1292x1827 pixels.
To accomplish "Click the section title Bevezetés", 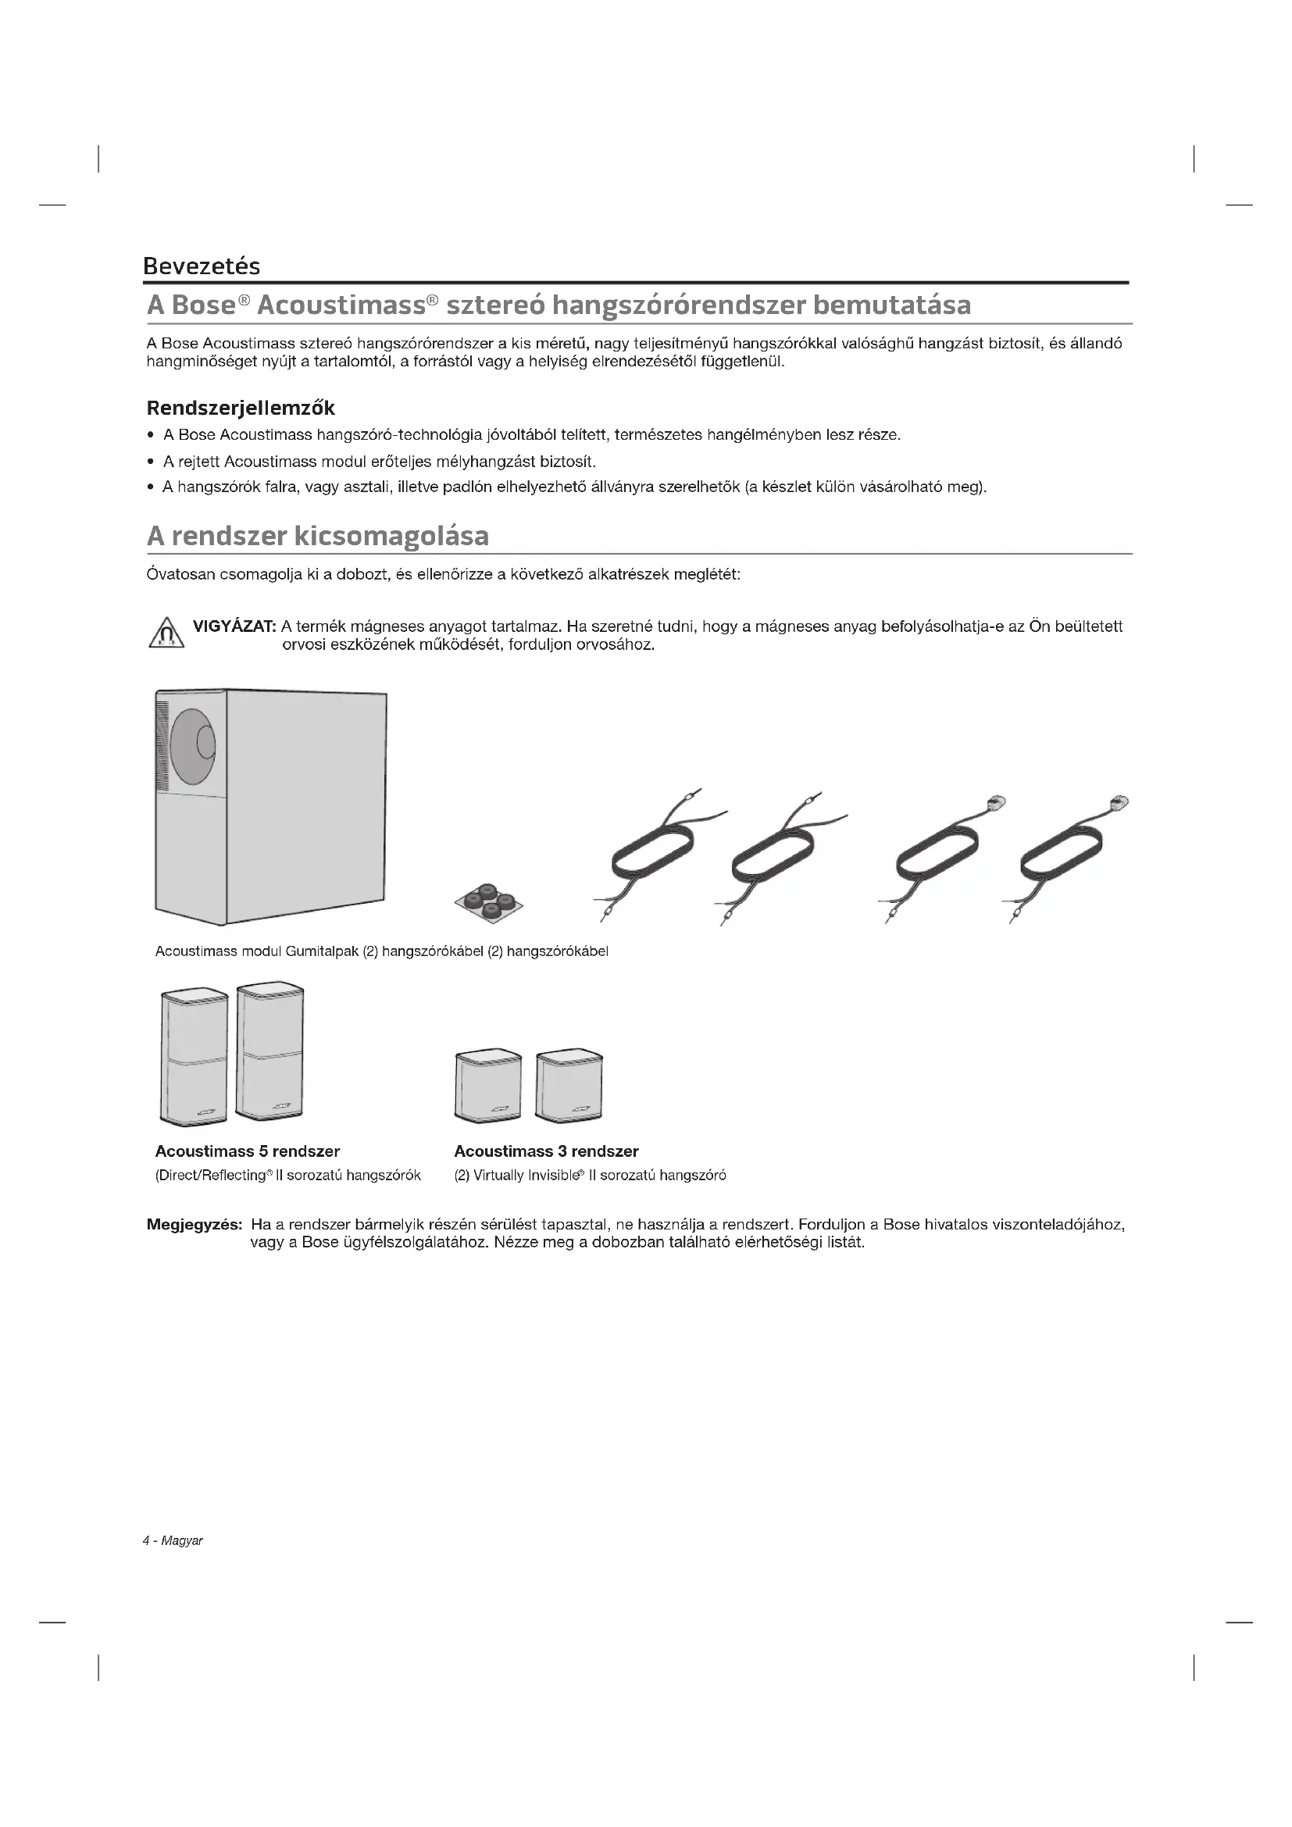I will point(202,266).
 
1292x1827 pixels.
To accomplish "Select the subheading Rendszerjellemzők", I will point(241,409).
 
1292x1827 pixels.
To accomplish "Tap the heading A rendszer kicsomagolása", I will point(317,536).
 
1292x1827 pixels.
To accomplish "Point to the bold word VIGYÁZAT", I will point(234,626).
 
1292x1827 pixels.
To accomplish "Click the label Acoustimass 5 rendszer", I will point(248,1151).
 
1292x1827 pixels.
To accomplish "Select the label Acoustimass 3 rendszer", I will point(546,1151).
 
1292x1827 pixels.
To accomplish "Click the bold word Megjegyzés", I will point(195,1225).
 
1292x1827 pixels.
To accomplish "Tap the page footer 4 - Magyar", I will point(173,1541).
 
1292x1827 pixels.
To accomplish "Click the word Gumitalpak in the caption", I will point(322,951).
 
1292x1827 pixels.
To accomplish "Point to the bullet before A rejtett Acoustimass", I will point(152,462).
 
